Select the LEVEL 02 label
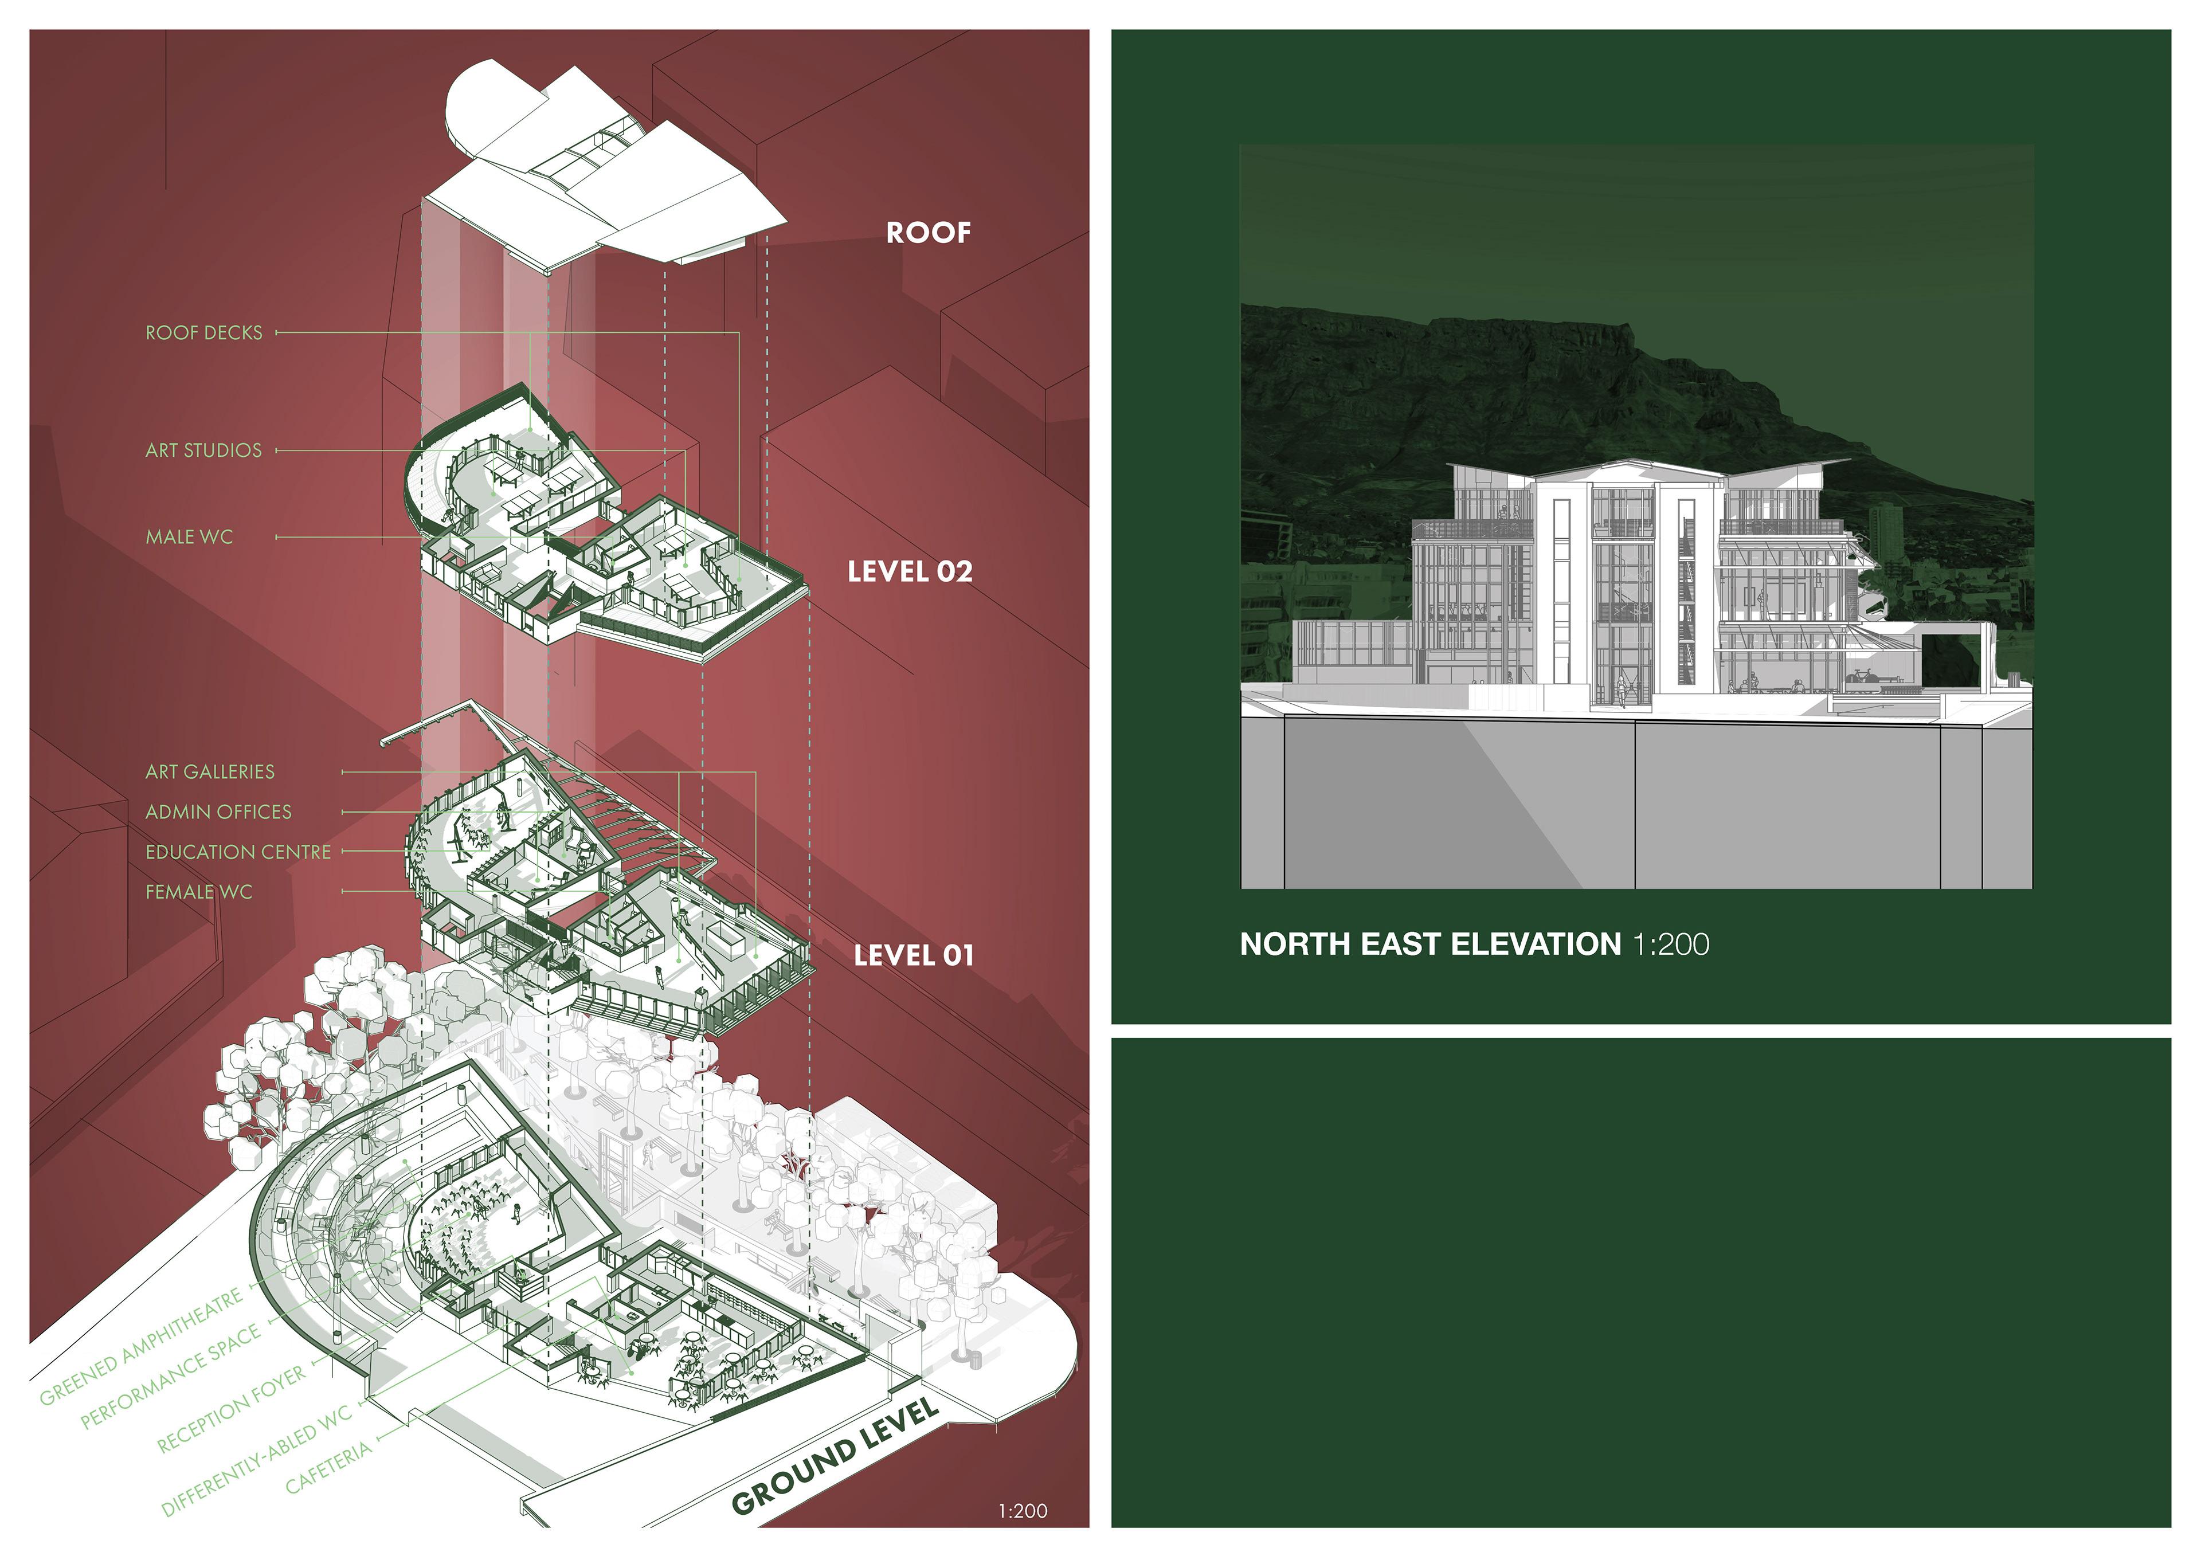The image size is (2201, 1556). pyautogui.click(x=909, y=573)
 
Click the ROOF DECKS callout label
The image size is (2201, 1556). pyautogui.click(x=203, y=332)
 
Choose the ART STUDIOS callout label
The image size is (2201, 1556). pyautogui.click(x=203, y=450)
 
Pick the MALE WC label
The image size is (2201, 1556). pyautogui.click(x=189, y=538)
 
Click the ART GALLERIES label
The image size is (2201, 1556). pyautogui.click(x=210, y=772)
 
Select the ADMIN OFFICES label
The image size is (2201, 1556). pyautogui.click(x=218, y=812)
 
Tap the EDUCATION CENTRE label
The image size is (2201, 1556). pyautogui.click(x=238, y=852)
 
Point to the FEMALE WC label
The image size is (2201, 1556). pyautogui.click(x=198, y=892)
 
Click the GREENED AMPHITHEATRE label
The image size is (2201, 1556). pyautogui.click(x=141, y=1347)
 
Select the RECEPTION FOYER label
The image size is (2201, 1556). pyautogui.click(x=231, y=1408)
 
